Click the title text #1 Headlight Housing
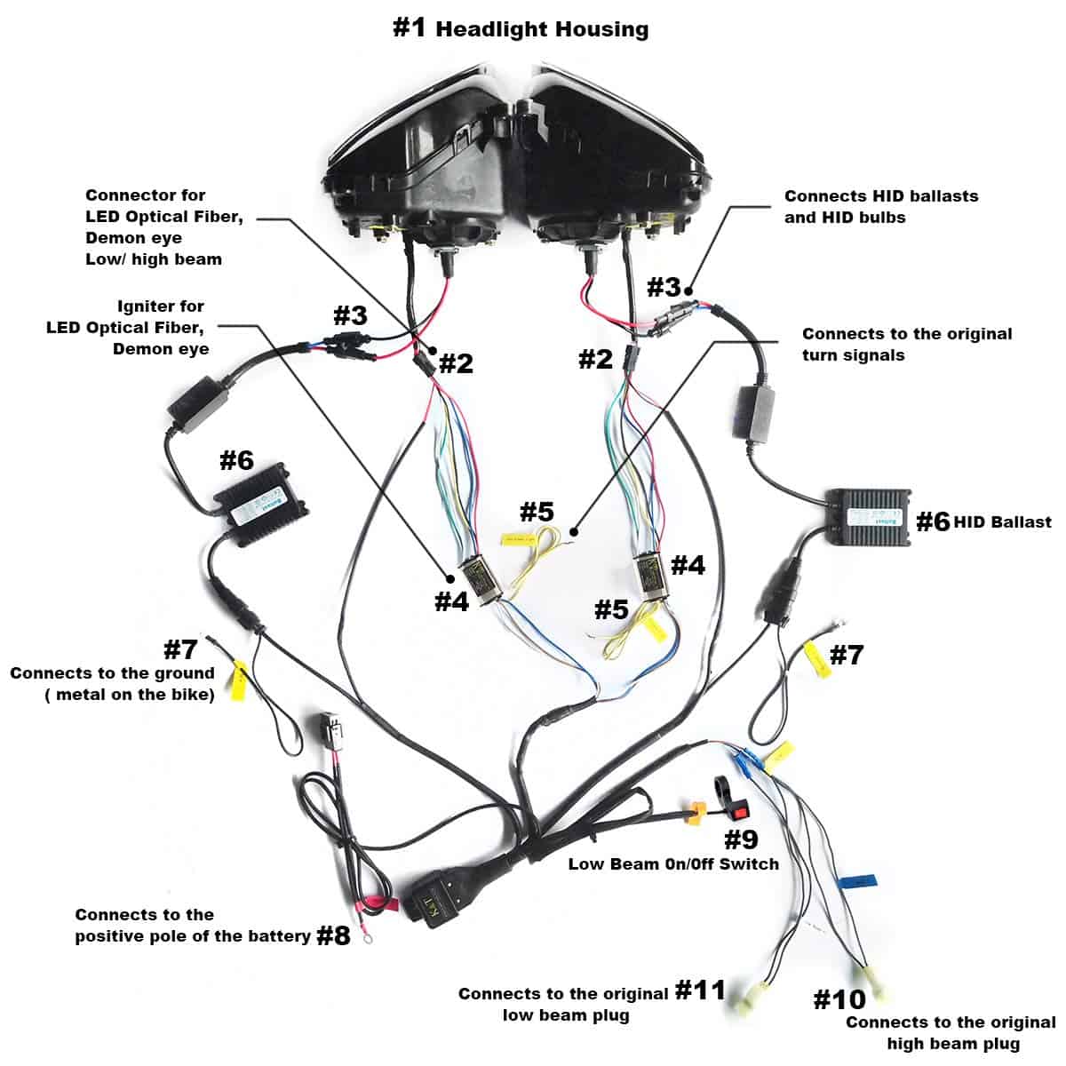click(521, 28)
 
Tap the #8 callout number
click(334, 935)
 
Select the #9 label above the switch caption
click(741, 839)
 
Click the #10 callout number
click(839, 1000)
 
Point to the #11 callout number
click(700, 990)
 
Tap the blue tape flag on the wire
click(856, 882)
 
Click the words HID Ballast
click(1003, 522)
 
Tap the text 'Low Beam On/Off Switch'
click(673, 863)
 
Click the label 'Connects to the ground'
click(113, 673)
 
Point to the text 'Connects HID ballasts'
click(880, 196)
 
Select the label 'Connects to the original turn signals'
click(906, 344)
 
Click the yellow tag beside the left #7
click(238, 681)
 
